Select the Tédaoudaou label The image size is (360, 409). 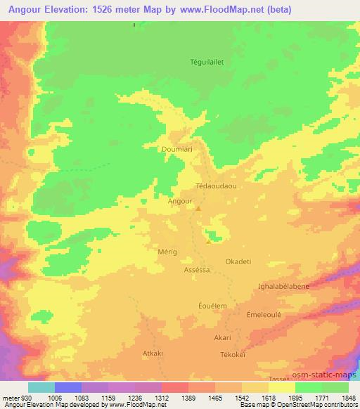217,187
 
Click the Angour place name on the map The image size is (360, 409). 181,200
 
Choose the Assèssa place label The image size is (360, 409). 197,269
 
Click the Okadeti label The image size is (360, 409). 238,261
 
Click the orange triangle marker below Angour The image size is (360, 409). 198,208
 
